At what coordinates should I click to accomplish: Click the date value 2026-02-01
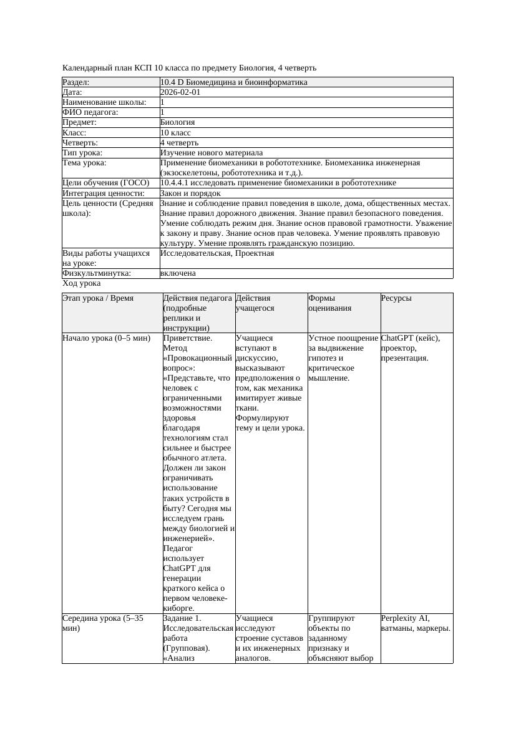[x=180, y=92]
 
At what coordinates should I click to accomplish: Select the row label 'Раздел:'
[x=76, y=82]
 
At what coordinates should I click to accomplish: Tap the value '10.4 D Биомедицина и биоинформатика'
[x=233, y=82]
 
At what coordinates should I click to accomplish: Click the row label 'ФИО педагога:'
[x=90, y=112]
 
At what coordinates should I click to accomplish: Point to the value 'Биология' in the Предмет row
[x=178, y=122]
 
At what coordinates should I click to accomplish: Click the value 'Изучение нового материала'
[x=212, y=152]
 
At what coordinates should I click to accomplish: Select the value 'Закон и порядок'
[x=190, y=193]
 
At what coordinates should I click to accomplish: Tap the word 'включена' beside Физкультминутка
[x=178, y=273]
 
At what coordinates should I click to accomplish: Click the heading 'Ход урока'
[x=82, y=283]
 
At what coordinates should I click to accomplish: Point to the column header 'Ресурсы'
[x=396, y=298]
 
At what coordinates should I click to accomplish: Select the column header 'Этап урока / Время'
[x=98, y=298]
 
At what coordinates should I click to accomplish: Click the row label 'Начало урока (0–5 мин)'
[x=106, y=338]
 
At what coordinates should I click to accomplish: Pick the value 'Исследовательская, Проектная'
[x=217, y=253]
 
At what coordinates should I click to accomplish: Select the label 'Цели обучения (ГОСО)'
[x=106, y=183]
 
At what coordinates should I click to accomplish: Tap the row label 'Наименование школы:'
[x=105, y=102]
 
